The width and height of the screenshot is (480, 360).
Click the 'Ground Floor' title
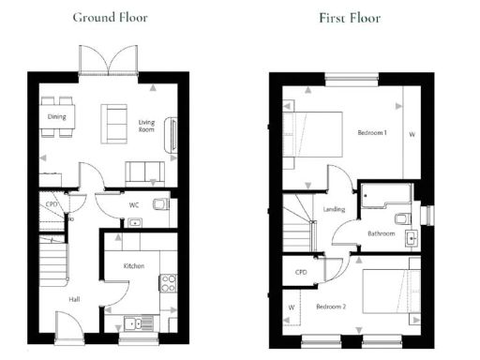110,17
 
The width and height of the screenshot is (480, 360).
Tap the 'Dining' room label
56,116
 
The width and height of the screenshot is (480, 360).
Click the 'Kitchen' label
134,266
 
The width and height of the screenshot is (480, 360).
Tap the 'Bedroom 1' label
372,133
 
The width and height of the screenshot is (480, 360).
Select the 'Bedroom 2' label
331,307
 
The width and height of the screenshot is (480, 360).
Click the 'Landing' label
333,209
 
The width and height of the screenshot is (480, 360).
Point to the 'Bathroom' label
381,233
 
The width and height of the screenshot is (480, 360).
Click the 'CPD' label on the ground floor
52,203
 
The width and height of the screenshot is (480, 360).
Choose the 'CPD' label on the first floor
301,272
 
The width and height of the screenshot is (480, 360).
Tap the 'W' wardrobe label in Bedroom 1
412,134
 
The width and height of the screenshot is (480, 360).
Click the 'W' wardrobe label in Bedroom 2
292,307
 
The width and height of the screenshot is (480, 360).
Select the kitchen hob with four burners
170,281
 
